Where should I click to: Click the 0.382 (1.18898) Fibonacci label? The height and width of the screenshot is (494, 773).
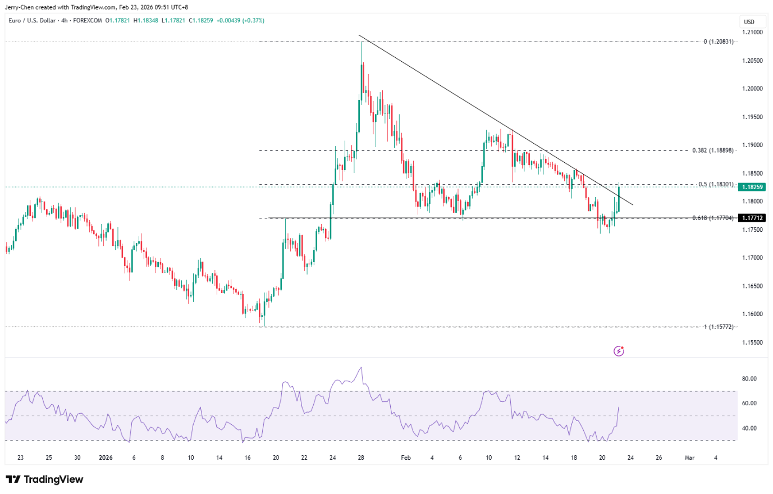713,150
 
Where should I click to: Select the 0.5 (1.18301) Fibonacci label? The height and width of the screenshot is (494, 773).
716,184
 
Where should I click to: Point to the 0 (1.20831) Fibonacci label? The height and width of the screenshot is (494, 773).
719,42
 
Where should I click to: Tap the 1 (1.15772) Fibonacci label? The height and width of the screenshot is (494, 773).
719,327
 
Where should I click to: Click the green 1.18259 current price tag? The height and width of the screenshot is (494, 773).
752,187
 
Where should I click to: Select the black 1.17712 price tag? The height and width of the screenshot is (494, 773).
752,218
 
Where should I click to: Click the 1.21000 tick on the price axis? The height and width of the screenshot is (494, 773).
752,32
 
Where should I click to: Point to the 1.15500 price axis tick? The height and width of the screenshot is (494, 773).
752,342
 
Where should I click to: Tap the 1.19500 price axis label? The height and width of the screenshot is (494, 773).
752,117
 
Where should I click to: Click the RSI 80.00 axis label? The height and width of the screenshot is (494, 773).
749,379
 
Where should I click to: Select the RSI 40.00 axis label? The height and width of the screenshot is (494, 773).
749,428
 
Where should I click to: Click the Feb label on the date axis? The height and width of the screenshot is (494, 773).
406,458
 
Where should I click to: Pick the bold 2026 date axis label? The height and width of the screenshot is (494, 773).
106,458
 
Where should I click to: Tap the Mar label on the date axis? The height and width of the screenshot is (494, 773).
689,458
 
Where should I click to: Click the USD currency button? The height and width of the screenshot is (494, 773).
749,22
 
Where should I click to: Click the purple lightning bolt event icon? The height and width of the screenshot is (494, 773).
619,351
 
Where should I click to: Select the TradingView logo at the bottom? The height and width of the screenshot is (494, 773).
44,479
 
